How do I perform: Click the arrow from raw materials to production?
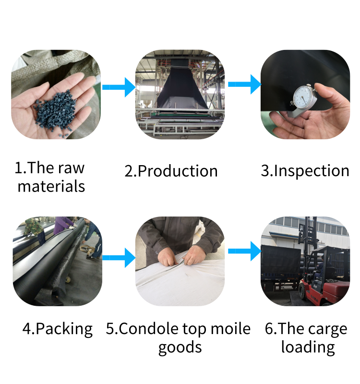(119, 87)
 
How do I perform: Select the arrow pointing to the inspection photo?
(244, 84)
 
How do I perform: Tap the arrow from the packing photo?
(119, 258)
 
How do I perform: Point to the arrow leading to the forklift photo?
(244, 251)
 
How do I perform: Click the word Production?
(177, 171)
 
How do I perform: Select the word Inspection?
(312, 171)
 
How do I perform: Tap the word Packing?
(64, 329)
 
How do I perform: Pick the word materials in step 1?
(51, 186)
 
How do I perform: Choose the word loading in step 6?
(308, 348)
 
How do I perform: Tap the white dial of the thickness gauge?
(304, 97)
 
